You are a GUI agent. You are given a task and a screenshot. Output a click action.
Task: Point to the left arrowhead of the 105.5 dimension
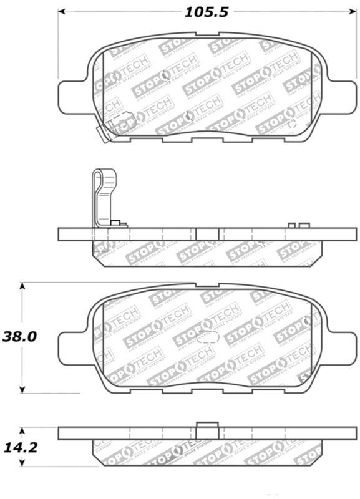pyautogui.click(x=63, y=11)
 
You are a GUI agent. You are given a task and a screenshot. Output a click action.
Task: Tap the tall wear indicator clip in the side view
pyautogui.click(x=101, y=196)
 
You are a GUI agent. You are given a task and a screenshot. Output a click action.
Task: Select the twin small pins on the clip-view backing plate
pyautogui.click(x=299, y=225)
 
